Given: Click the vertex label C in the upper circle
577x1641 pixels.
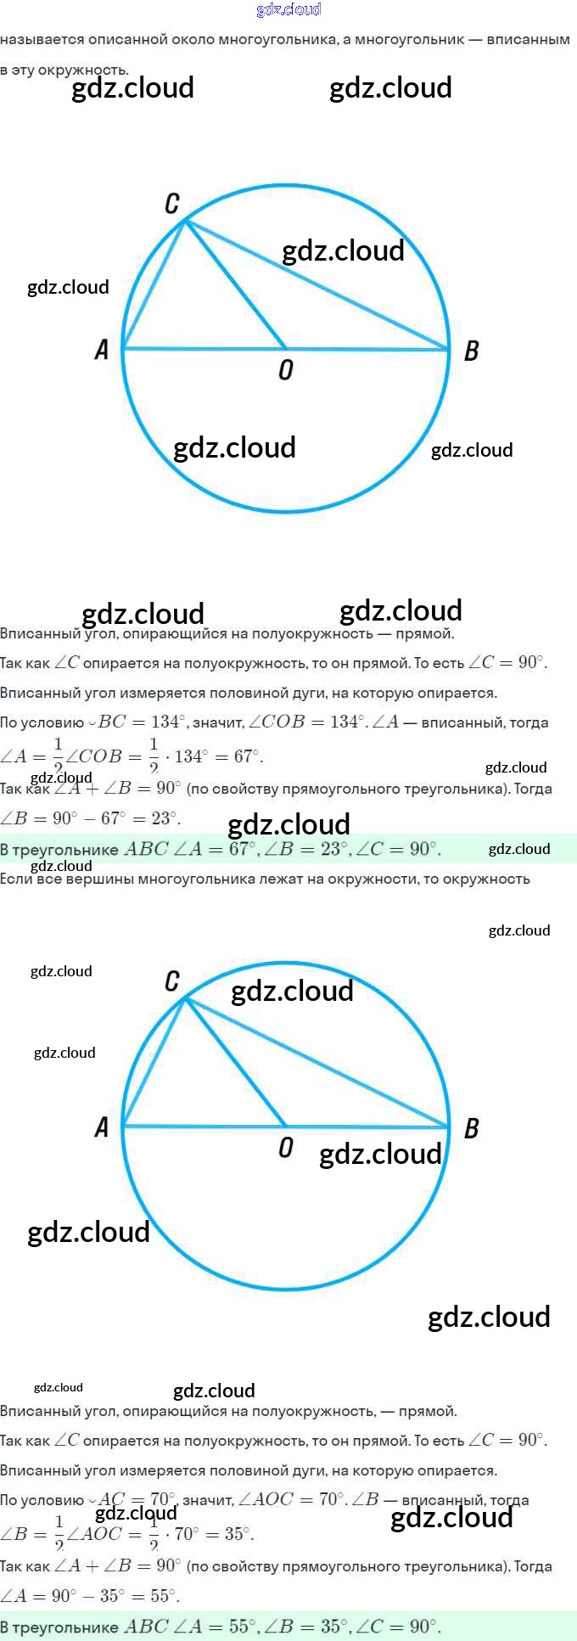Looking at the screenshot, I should [x=172, y=204].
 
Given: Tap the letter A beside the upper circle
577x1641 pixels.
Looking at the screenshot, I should [x=102, y=350].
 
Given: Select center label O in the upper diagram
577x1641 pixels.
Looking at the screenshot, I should [x=286, y=370].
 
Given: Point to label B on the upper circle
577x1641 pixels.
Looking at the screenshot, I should [x=472, y=351].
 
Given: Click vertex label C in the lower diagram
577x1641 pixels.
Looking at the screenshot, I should [x=172, y=981].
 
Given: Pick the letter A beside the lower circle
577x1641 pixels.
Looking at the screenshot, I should [x=102, y=1127].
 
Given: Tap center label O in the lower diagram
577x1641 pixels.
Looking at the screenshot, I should [x=286, y=1148].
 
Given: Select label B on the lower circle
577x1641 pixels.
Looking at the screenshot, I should [x=472, y=1128].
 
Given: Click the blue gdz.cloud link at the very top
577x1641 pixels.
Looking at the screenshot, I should [x=288, y=9].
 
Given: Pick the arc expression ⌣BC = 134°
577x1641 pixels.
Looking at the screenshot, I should [x=136, y=722].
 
